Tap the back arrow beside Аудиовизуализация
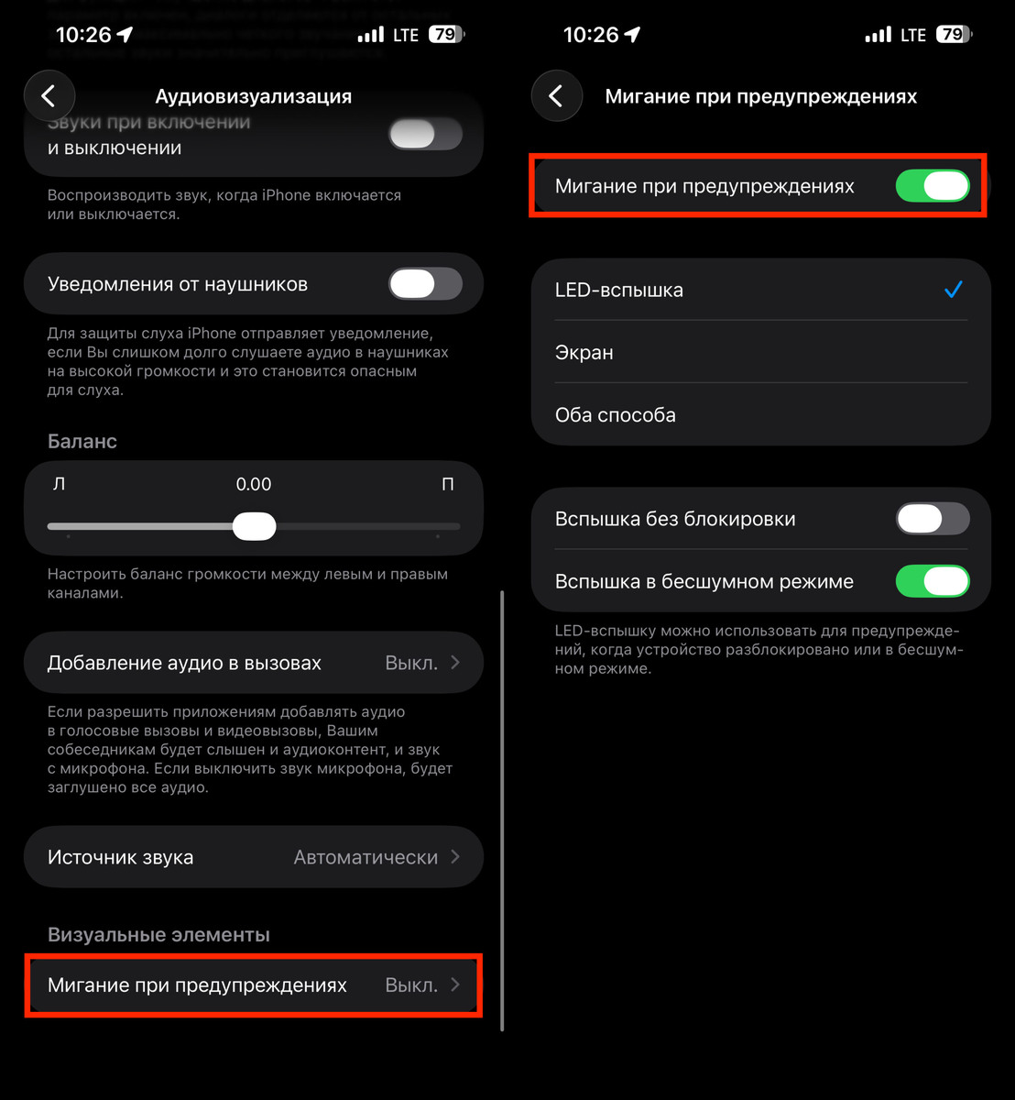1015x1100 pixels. [x=49, y=96]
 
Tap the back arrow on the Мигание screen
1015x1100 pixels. [x=557, y=96]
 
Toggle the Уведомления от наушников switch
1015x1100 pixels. [x=425, y=284]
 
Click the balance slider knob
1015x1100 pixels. [x=254, y=526]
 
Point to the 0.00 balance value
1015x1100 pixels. [x=254, y=484]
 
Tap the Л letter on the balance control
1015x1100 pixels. [x=60, y=484]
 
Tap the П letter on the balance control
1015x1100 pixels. [x=448, y=484]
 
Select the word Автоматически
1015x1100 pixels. [x=366, y=858]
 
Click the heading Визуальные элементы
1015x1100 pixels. [x=158, y=935]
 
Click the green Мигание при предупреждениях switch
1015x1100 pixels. [x=932, y=186]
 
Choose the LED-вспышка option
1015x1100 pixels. [x=619, y=291]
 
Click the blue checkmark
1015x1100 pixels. [x=954, y=291]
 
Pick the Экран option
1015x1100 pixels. [x=584, y=353]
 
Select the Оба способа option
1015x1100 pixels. [x=616, y=415]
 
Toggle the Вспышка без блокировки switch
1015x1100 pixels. [x=932, y=519]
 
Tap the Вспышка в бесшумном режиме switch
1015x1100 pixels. [x=932, y=581]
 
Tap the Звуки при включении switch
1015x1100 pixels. [x=425, y=136]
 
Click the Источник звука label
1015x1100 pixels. [x=120, y=858]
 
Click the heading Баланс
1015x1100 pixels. [x=82, y=441]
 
